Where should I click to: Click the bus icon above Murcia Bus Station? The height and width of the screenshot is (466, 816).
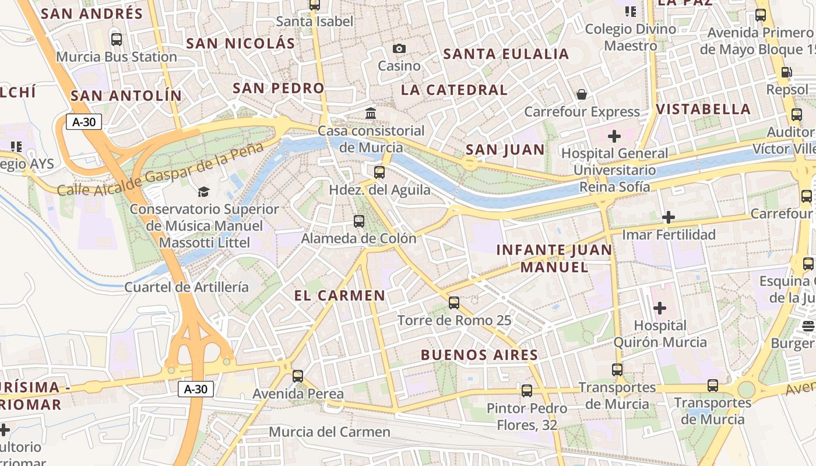[x=117, y=40]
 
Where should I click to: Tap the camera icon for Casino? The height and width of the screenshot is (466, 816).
[x=399, y=49]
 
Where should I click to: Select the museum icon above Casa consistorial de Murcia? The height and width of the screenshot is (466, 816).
[x=371, y=113]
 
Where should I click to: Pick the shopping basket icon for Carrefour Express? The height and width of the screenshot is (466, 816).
[x=582, y=94]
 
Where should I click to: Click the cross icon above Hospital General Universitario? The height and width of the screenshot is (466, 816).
[x=614, y=136]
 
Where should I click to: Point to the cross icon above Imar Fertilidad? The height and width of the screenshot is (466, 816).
[x=668, y=218]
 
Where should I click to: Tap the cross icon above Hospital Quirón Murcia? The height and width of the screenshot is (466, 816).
[x=660, y=308]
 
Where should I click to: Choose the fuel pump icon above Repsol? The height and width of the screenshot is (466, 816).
[x=786, y=73]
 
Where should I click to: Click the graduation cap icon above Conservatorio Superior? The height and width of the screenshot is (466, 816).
[x=203, y=192]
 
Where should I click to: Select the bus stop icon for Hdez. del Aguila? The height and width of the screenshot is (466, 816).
[x=379, y=172]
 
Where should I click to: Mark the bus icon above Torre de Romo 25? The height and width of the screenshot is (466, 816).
[x=454, y=303]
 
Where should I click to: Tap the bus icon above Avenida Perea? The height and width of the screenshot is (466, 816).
[x=298, y=376]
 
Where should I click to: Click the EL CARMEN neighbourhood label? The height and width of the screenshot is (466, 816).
[x=340, y=296]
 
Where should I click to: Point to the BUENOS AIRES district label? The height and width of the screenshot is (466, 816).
[x=480, y=355]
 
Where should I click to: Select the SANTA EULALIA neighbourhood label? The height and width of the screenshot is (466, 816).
[x=506, y=54]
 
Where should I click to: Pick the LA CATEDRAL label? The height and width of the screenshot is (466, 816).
[x=455, y=90]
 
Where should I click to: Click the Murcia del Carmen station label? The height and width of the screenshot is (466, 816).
[x=329, y=432]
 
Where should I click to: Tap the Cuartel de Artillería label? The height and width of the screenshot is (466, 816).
[x=187, y=287]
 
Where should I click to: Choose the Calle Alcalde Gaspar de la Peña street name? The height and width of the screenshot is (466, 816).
[x=160, y=169]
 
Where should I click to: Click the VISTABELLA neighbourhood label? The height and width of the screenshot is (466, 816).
[x=704, y=110]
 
